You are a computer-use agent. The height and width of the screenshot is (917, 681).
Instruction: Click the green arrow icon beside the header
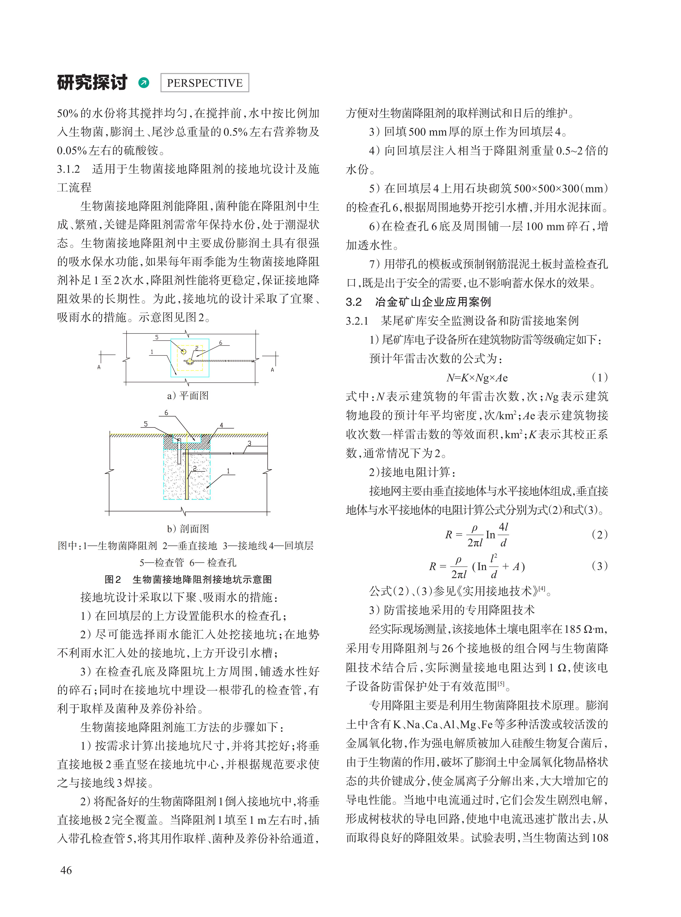coord(144,83)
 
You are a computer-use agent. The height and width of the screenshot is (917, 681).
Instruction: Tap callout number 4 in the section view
coord(221,425)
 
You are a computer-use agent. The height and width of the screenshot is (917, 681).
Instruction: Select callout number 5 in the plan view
coord(157,337)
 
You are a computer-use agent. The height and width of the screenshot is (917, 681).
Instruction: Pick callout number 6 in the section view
coord(166,412)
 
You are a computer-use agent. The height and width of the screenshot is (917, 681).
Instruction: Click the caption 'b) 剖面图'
coord(188,528)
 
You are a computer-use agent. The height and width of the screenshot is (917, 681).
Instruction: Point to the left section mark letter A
coord(99,367)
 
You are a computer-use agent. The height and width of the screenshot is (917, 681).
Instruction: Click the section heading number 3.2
coord(354,302)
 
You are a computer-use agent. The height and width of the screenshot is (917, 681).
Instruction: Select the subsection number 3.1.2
coord(68,169)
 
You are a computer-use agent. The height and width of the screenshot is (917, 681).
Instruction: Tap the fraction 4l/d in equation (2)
coord(503,535)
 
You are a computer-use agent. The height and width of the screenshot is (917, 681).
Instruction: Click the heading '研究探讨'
coord(92,83)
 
